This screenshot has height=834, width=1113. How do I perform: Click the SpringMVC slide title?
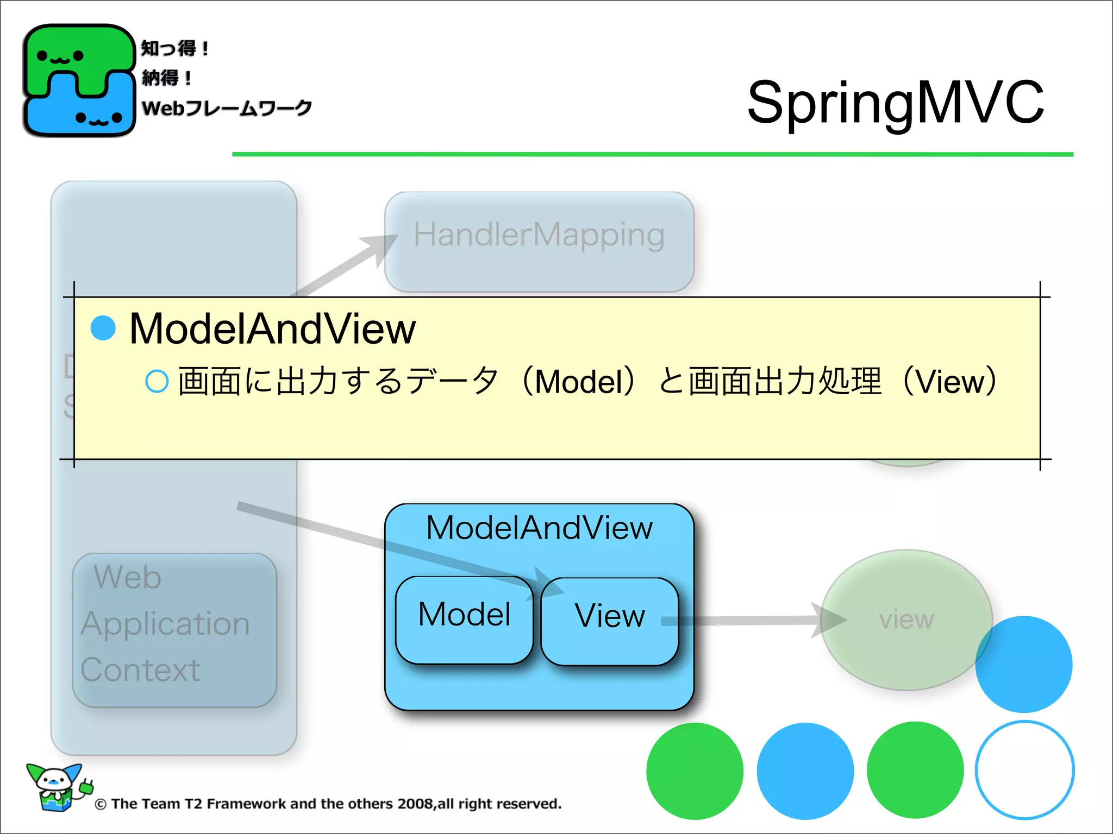point(895,102)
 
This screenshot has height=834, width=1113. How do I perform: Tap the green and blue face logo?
point(79,80)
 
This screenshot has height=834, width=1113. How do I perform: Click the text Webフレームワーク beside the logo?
point(226,108)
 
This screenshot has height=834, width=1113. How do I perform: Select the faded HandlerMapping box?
point(539,241)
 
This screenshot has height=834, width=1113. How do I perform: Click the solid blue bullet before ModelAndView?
point(103,328)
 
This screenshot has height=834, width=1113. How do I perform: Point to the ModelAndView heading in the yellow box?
point(272,329)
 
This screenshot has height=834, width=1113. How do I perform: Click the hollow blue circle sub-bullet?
point(157,381)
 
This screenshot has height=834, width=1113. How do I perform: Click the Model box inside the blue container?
point(464,619)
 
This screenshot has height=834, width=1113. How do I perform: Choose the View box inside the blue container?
point(610,620)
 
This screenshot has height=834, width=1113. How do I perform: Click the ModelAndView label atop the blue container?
point(539,528)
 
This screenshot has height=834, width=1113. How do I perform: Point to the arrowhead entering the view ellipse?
point(829,620)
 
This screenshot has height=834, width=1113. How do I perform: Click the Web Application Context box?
point(174,630)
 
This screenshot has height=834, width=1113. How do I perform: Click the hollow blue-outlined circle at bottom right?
point(1024,770)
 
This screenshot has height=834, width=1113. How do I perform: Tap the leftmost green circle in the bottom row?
point(695,771)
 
